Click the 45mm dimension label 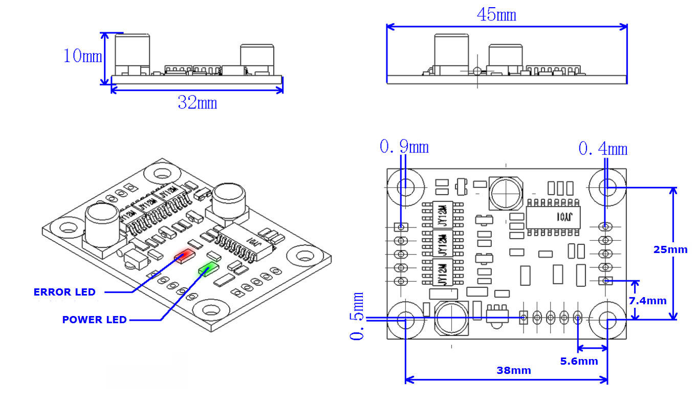tap(496, 15)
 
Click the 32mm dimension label tap(197, 103)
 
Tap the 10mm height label tap(82, 55)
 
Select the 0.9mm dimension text tap(404, 147)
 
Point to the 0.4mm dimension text tap(602, 149)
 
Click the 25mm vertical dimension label tap(670, 249)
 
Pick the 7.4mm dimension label tap(647, 301)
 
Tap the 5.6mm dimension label tap(579, 361)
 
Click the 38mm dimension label tap(513, 370)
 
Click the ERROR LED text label tap(64, 292)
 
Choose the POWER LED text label tap(94, 320)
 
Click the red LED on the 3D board tap(183, 255)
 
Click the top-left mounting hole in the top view tap(405, 185)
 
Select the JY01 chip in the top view tap(553, 217)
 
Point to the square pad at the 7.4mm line tap(606, 281)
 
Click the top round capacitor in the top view tap(506, 193)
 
